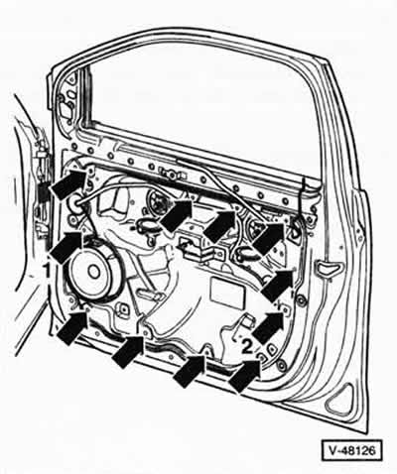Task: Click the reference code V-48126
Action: pos(352,450)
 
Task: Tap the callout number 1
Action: pos(48,271)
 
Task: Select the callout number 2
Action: pos(247,346)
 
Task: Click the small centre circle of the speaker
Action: pos(94,271)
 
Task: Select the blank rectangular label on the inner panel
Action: pos(227,292)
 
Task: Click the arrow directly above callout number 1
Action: pos(67,246)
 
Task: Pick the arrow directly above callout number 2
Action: pos(269,326)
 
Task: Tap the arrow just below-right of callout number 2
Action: pos(245,375)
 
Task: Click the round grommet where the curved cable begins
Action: pos(75,204)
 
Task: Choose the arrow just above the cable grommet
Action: pos(70,183)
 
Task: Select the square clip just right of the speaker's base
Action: pos(123,309)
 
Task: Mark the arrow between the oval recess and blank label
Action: pos(277,285)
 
